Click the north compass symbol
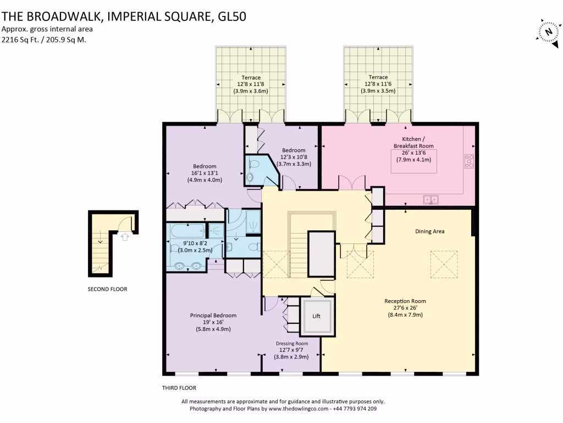548,31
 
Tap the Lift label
316,316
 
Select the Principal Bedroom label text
213,316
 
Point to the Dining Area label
429,231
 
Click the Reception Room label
405,301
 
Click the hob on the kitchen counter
470,161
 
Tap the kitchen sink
430,199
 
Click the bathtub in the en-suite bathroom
186,232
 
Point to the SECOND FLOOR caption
107,289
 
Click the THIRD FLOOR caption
179,388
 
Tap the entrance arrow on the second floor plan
125,236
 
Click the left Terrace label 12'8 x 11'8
250,84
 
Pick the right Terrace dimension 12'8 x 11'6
378,84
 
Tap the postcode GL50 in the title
231,16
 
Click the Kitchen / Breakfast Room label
414,142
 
